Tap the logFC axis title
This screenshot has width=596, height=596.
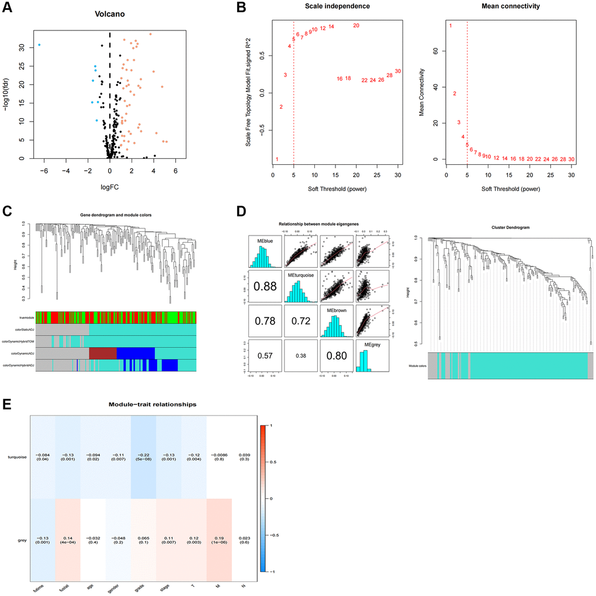pyautogui.click(x=109, y=189)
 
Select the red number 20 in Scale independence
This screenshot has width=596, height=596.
pyautogui.click(x=356, y=26)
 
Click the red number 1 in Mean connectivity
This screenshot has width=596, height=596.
pyautogui.click(x=451, y=26)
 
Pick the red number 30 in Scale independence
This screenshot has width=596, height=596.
pyautogui.click(x=398, y=71)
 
